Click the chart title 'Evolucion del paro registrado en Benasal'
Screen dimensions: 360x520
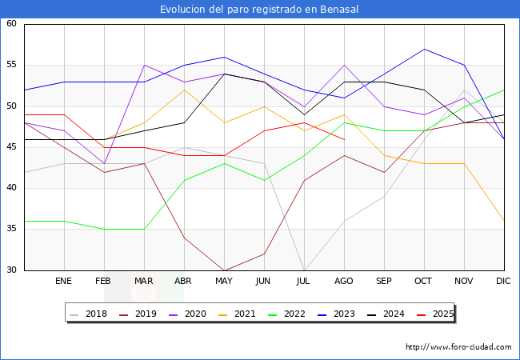click(x=259, y=9)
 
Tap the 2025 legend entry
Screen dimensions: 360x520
click(x=436, y=314)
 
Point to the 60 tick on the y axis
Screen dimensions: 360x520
click(x=12, y=24)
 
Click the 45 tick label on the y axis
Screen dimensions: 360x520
click(x=12, y=147)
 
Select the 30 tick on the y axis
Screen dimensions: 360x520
click(x=12, y=270)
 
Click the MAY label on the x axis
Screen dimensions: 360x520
click(x=224, y=282)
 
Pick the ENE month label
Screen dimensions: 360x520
click(x=64, y=282)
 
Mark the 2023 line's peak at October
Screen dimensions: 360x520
click(x=424, y=49)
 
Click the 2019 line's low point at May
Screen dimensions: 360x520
click(x=224, y=270)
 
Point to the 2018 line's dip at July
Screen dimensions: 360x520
click(x=304, y=270)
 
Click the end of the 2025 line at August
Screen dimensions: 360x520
click(x=344, y=139)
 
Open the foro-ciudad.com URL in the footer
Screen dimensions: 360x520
click(x=458, y=347)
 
